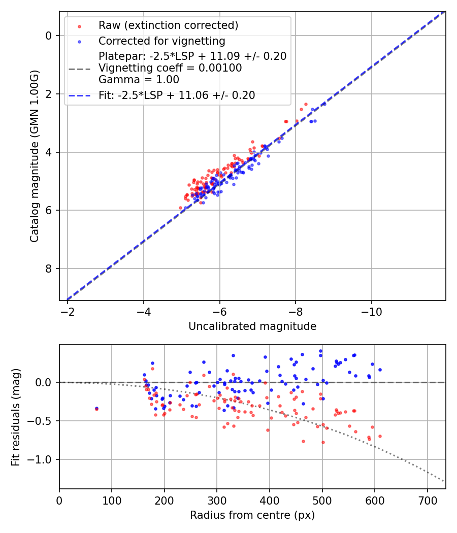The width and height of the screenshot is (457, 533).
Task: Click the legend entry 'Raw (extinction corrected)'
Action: (x=168, y=25)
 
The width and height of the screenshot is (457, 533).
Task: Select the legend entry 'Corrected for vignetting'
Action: (x=162, y=41)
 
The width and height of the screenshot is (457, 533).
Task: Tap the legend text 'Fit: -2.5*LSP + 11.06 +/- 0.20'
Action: (x=177, y=95)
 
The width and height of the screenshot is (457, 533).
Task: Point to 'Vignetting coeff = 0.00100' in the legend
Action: (x=170, y=68)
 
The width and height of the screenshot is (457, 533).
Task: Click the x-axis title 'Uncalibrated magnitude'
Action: (x=252, y=326)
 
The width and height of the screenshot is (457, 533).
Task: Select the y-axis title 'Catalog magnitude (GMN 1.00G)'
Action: (x=34, y=156)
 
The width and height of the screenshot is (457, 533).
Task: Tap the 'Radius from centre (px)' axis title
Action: (x=252, y=515)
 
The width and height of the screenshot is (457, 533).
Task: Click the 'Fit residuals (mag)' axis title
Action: (x=16, y=417)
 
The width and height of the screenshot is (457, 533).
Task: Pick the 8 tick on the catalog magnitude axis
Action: (x=49, y=269)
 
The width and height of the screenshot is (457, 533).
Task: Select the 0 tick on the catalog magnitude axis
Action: (x=49, y=36)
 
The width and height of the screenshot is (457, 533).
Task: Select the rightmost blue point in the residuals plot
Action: (x=380, y=370)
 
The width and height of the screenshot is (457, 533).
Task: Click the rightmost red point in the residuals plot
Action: (x=380, y=436)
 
